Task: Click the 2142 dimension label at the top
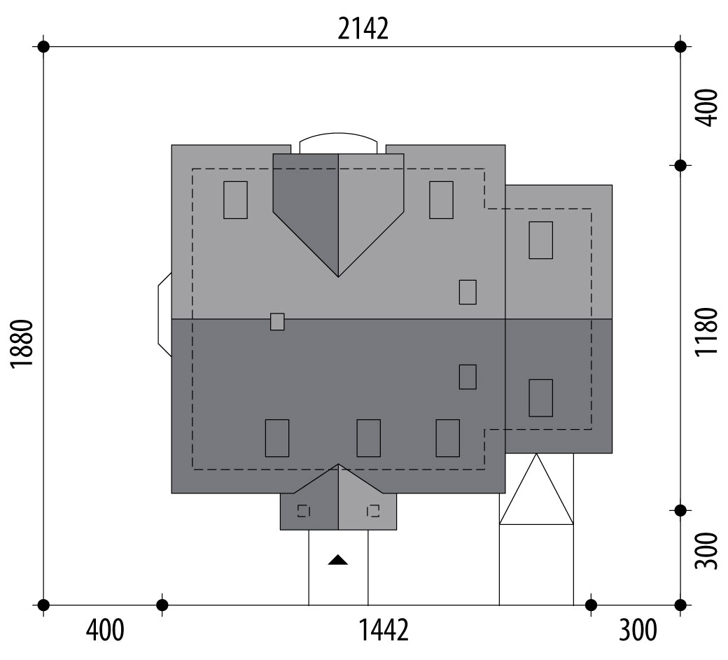coord(363,29)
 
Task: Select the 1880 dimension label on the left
coord(22,344)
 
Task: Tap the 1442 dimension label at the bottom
coord(384,630)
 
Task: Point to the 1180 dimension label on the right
coord(706,331)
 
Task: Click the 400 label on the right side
coord(706,107)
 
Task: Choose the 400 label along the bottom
coord(106,630)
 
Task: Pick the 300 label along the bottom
coord(638,630)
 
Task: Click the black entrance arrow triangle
coord(338,560)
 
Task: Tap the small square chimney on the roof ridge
coord(277,322)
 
